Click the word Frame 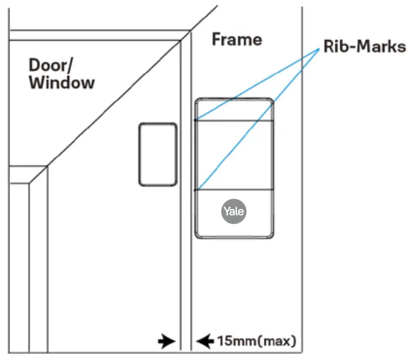coord(237,40)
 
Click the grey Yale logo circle coord(234,211)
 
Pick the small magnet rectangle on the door coord(157,154)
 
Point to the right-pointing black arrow coord(165,341)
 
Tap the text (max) coord(277,341)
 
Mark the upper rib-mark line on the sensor coord(234,120)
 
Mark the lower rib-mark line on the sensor coord(234,190)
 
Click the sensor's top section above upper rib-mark coord(234,109)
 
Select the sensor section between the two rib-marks coord(234,155)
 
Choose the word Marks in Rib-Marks coord(380,46)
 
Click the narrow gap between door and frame coord(185,243)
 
